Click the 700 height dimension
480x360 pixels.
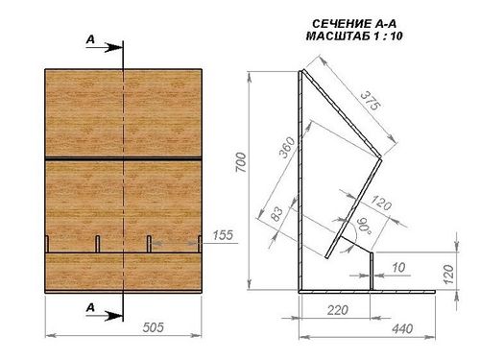241,162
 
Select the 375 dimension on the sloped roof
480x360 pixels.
371,101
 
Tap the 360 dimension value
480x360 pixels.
286,147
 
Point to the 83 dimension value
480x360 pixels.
276,214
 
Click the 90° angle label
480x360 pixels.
364,227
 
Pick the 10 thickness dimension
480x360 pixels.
398,268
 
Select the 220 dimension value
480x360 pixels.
338,310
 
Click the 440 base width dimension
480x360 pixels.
402,328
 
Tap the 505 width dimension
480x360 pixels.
153,327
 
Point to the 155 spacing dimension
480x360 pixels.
223,235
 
